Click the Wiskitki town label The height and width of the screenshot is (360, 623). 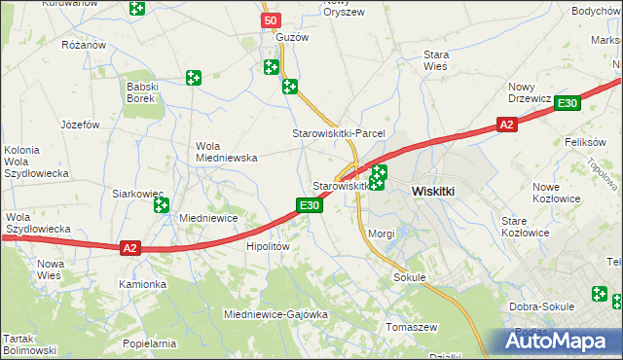[x=434, y=192]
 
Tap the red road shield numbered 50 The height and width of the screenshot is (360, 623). [x=271, y=20]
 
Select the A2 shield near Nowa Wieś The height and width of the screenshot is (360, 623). [x=131, y=248]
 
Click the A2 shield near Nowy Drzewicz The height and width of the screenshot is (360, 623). [x=506, y=125]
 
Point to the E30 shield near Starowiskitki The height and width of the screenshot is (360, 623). [x=309, y=205]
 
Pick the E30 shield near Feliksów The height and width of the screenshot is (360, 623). [x=569, y=103]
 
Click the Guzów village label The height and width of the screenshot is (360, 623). [x=292, y=37]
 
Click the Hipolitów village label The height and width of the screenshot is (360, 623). [x=269, y=247]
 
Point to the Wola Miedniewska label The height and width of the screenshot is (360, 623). [x=226, y=151]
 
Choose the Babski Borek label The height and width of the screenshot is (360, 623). [x=141, y=92]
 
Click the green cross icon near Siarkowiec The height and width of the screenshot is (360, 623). [x=161, y=205]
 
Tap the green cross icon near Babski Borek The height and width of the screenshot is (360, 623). [x=194, y=77]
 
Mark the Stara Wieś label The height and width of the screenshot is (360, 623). [x=435, y=61]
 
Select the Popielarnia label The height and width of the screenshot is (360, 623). [x=150, y=343]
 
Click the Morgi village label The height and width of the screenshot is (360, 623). [x=382, y=234]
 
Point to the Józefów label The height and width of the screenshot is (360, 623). [x=81, y=126]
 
